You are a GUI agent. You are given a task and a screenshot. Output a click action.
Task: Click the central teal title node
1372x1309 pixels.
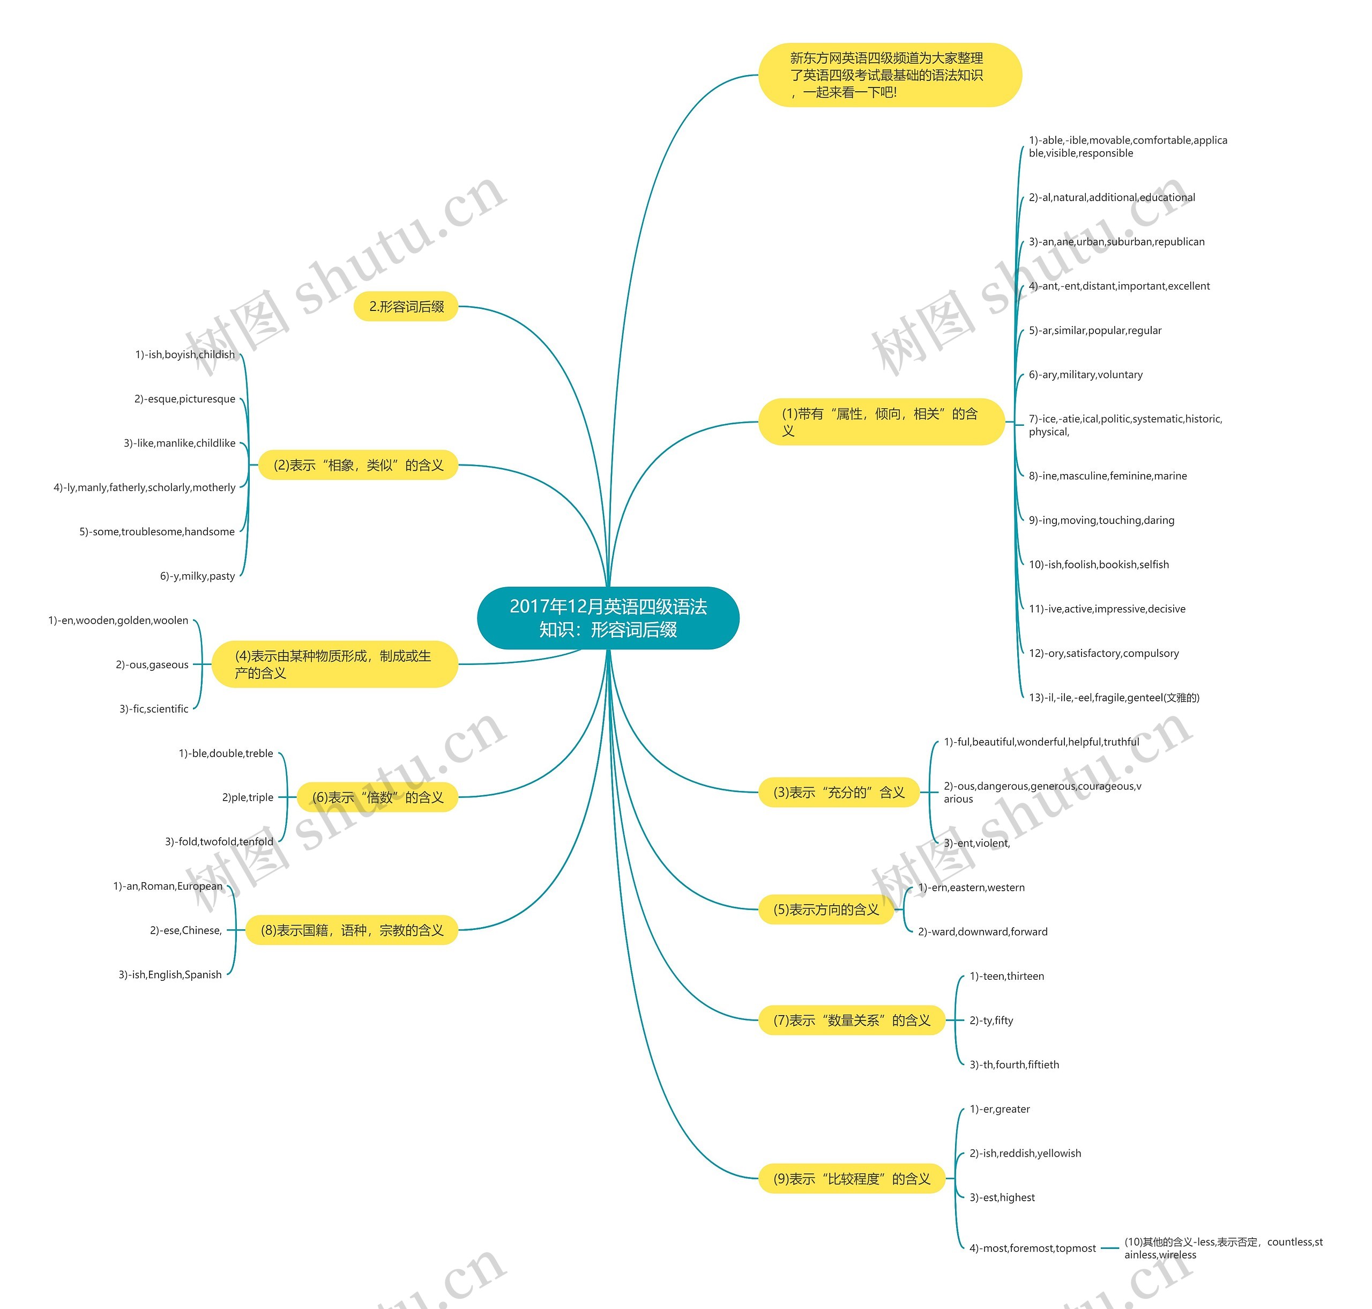608,618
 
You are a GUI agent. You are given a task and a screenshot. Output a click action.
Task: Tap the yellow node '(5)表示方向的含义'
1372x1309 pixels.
826,909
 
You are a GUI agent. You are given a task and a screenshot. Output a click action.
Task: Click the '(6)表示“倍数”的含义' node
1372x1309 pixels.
377,797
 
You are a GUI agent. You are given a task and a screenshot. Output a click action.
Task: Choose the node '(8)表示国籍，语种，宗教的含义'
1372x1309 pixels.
352,929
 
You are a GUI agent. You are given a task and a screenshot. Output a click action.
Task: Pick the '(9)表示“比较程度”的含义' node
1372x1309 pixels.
851,1179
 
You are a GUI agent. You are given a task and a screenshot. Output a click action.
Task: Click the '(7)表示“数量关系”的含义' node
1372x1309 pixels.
851,1020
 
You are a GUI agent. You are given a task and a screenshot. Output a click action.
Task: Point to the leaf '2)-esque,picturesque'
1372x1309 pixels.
185,399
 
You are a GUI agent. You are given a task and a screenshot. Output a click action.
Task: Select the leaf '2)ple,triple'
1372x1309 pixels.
248,797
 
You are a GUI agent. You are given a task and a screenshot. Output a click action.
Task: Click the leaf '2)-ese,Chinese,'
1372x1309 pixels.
185,930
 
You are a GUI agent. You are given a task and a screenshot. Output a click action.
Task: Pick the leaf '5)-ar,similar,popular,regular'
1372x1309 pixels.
1094,330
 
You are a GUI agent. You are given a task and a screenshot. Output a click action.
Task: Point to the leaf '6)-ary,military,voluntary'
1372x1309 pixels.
1085,375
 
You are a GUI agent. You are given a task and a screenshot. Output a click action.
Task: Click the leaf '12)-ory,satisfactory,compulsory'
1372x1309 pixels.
1103,653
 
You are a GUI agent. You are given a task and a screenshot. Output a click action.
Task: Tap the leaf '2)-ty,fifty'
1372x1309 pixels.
991,1020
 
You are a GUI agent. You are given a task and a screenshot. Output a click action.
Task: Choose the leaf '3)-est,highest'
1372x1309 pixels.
1002,1197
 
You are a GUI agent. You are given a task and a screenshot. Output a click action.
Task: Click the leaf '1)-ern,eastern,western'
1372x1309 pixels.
971,888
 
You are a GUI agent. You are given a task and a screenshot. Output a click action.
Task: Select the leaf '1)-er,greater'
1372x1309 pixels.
999,1109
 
